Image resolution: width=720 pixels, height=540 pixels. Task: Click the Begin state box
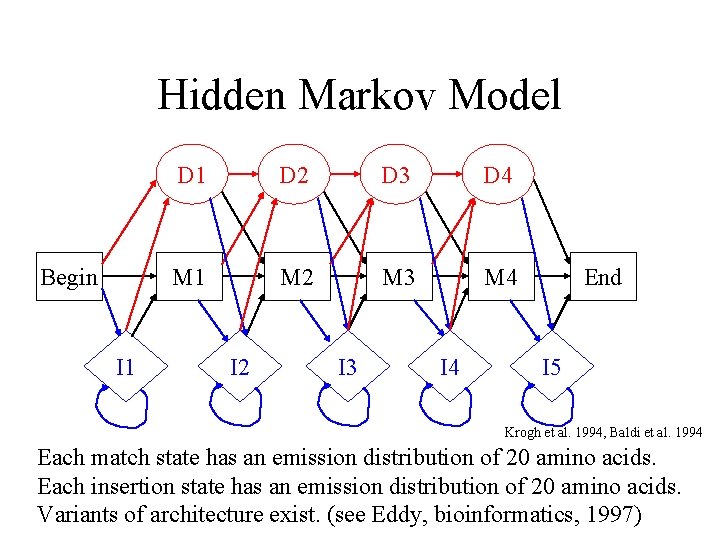69,277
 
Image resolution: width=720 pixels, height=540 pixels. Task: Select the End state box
602,277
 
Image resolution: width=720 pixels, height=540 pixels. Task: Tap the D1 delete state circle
192,176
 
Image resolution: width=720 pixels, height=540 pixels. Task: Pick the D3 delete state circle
396,176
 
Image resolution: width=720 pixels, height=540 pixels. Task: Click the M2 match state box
296,277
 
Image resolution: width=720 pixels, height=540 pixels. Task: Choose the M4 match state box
500,277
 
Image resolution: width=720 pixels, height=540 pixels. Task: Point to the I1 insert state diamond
125,367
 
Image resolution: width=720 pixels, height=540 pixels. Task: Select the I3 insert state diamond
347,367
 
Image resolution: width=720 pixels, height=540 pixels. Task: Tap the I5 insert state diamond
551,367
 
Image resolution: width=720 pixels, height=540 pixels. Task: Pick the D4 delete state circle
498,176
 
